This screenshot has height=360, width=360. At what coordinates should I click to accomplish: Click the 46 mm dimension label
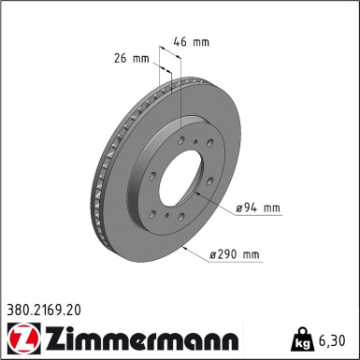coord(192,41)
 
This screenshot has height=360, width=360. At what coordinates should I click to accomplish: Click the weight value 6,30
coord(336,341)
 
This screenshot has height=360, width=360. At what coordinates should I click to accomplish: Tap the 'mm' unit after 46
coord(200,41)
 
